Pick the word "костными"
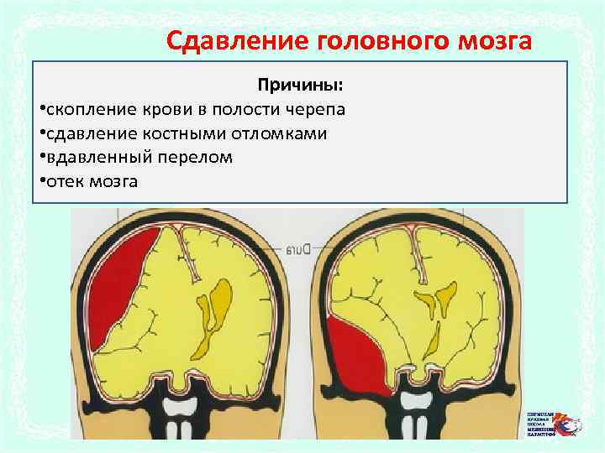point(179,134)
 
